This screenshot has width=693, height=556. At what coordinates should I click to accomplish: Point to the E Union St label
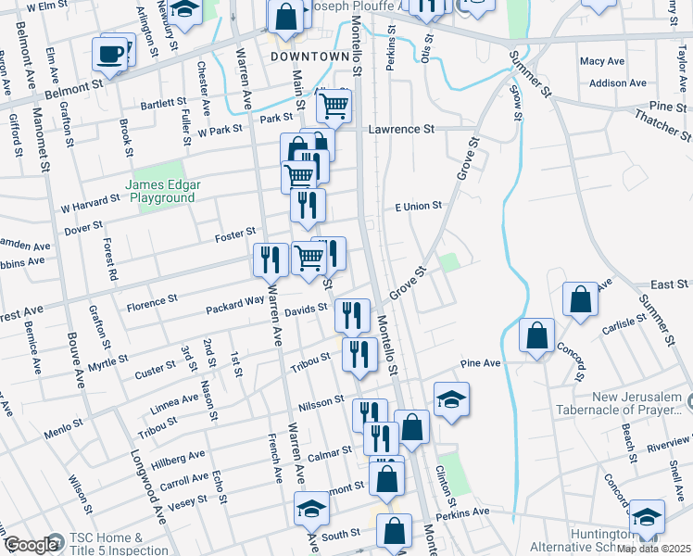pyautogui.click(x=419, y=206)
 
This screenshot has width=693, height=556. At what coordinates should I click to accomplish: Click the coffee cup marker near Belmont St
pyautogui.click(x=110, y=54)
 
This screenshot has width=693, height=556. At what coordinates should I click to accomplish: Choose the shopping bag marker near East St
pyautogui.click(x=580, y=300)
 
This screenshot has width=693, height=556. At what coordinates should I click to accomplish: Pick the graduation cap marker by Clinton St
pyautogui.click(x=451, y=399)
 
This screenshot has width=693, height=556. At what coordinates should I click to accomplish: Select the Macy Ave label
pyautogui.click(x=601, y=61)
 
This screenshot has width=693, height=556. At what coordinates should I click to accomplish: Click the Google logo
pyautogui.click(x=31, y=545)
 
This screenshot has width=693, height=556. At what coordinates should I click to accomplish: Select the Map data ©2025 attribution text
pyautogui.click(x=652, y=549)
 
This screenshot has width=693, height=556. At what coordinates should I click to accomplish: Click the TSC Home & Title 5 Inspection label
pyautogui.click(x=107, y=544)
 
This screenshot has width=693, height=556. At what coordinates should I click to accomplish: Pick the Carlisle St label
pyautogui.click(x=624, y=322)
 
